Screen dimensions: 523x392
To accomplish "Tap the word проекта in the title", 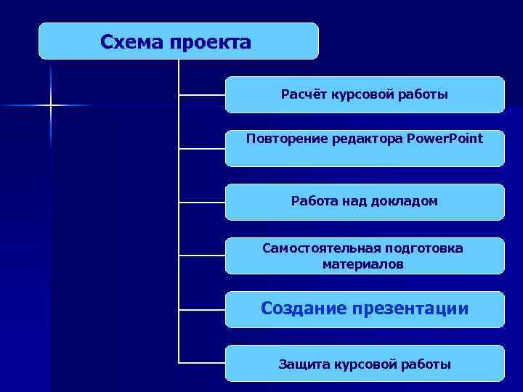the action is [x=210, y=42].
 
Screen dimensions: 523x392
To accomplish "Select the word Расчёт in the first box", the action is [x=304, y=94].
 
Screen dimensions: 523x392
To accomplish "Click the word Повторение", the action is [x=286, y=138].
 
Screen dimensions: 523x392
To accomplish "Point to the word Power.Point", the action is [x=445, y=138].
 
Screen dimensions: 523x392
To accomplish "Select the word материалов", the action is [x=363, y=264].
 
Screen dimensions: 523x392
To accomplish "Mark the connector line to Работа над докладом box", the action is [x=202, y=201].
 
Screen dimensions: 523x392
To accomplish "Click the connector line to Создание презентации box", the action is [x=202, y=309].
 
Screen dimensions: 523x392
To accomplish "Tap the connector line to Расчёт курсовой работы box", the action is [x=202, y=94].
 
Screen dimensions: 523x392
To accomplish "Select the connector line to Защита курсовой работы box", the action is [x=202, y=362].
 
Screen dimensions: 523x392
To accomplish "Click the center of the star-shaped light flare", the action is [x=51, y=106].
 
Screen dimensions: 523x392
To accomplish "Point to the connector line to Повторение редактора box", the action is [x=202, y=148].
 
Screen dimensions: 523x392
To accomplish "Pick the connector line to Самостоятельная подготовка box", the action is [x=202, y=256].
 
